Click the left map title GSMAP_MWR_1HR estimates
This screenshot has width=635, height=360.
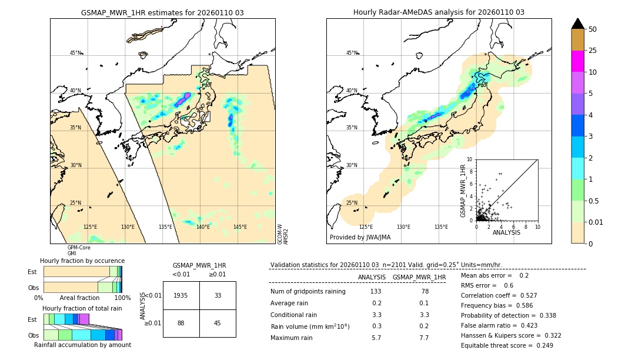(162, 12)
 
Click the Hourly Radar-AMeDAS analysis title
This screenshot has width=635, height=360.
(439, 12)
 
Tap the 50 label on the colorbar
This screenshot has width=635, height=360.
(593, 29)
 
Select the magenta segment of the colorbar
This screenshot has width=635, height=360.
(577, 61)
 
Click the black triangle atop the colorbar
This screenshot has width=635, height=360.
(577, 24)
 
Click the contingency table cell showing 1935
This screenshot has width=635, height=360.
(181, 295)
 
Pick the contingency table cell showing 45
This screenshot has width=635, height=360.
(218, 323)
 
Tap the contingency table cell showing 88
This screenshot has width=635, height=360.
(181, 323)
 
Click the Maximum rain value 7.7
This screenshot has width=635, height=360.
(423, 338)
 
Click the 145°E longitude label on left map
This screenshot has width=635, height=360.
(240, 226)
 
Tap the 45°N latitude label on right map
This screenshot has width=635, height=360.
(352, 53)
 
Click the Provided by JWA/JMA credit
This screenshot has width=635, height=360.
(360, 237)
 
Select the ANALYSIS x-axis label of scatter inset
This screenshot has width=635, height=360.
(506, 232)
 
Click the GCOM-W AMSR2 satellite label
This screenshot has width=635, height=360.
(283, 234)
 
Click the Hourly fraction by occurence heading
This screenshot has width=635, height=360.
(82, 261)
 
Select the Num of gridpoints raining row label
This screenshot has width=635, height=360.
(308, 291)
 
